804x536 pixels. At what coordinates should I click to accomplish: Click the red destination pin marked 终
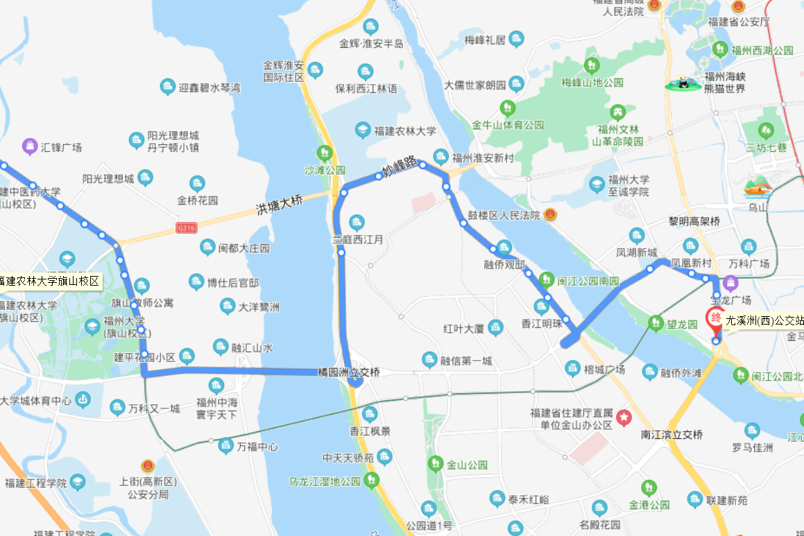[714, 319]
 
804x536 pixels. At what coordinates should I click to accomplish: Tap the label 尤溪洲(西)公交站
[764, 321]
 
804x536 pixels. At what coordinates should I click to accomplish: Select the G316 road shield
[187, 227]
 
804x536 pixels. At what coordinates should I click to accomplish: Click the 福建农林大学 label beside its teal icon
[405, 130]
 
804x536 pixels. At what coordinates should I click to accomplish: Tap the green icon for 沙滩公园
[324, 153]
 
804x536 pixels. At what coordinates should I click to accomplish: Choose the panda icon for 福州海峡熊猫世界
[684, 83]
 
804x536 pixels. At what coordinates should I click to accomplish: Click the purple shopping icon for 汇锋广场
[29, 146]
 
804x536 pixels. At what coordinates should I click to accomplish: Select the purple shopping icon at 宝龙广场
[730, 283]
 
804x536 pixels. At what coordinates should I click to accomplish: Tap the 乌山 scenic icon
[758, 187]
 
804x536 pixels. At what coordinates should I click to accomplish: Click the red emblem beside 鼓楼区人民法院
[550, 215]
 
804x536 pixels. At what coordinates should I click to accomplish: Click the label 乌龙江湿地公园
[325, 481]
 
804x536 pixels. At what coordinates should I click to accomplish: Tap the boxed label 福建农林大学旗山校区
[50, 282]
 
